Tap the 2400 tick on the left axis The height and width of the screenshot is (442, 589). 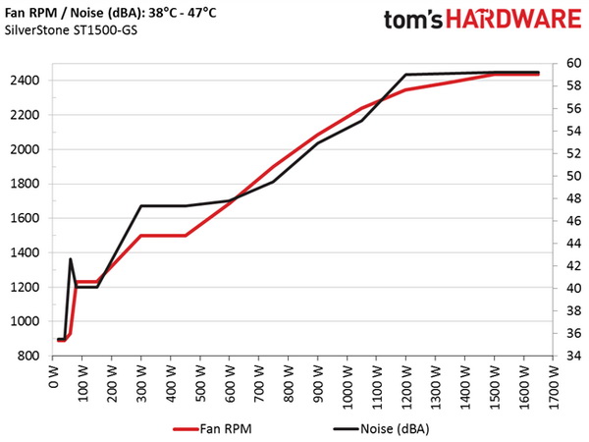23,81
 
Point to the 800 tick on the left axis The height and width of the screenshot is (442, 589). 26,356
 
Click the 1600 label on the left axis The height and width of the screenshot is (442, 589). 23,218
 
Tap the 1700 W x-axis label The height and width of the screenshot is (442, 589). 554,385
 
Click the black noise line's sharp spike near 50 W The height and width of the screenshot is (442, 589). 71,259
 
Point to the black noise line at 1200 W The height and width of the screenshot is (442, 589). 406,75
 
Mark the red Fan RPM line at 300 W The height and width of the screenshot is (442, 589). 141,236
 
